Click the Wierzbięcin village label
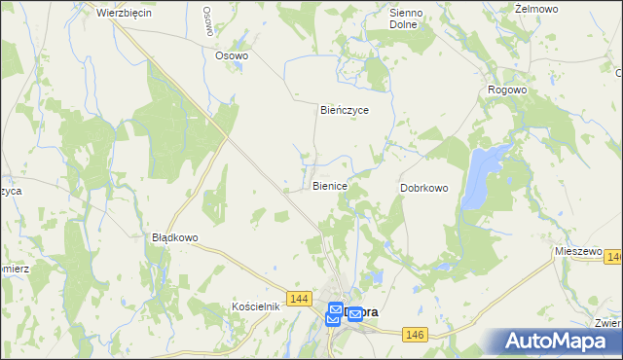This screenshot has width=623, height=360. pyautogui.click(x=125, y=13)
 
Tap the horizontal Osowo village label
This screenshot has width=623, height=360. pyautogui.click(x=232, y=55)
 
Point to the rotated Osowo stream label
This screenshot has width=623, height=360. pyautogui.click(x=208, y=21)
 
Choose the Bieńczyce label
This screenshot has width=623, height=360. pyautogui.click(x=345, y=110)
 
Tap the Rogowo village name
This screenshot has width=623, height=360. pyautogui.click(x=507, y=90)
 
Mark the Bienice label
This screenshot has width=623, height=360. pyautogui.click(x=331, y=185)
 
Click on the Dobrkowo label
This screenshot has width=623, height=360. pyautogui.click(x=424, y=188)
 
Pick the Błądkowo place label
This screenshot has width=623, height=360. pyautogui.click(x=175, y=237)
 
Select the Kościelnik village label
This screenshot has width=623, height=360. pyautogui.click(x=257, y=306)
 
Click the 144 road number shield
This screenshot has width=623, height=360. pyautogui.click(x=300, y=297)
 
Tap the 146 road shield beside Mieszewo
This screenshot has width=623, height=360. pyautogui.click(x=613, y=257)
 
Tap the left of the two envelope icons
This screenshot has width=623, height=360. pyautogui.click(x=335, y=312)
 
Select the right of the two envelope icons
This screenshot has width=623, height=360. pyautogui.click(x=355, y=314)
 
